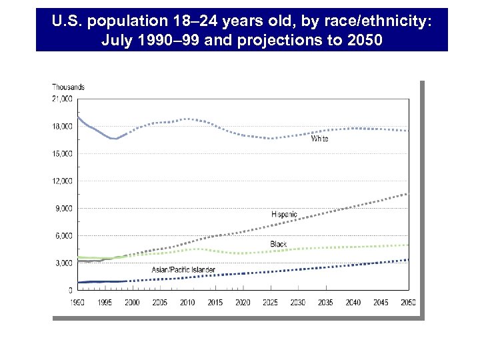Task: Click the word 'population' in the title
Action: (124, 22)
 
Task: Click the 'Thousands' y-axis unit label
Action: (68, 87)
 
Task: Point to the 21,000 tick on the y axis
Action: (63, 99)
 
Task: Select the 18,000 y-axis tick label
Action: (63, 126)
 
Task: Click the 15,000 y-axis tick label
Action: (63, 153)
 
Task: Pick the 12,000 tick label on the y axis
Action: (63, 181)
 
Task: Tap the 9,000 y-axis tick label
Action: (64, 208)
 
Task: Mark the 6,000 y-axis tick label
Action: (64, 236)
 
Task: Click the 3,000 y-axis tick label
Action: (64, 263)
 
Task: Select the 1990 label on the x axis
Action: (78, 303)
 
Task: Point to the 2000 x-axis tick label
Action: (133, 303)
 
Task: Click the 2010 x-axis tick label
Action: (187, 303)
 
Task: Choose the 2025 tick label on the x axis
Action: (270, 303)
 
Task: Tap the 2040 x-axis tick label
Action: (353, 303)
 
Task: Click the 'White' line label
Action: (319, 139)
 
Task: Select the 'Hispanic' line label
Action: (285, 214)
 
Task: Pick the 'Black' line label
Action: (279, 245)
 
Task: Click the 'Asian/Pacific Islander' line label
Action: (183, 269)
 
